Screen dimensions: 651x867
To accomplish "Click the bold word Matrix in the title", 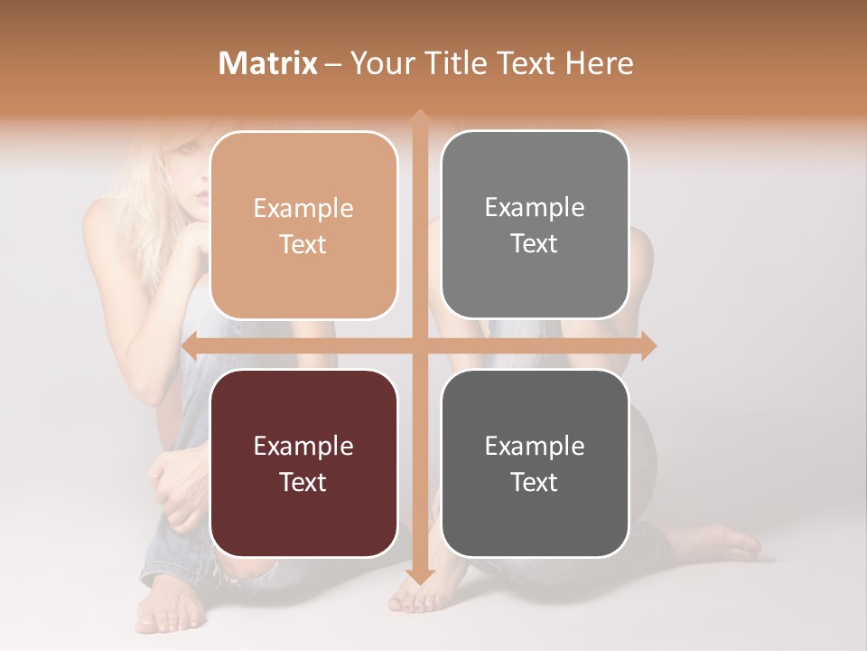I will [268, 63].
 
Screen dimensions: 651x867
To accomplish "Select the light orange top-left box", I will [303, 225].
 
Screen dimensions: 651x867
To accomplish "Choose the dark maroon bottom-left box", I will [303, 463].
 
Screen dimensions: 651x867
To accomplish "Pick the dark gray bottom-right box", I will [535, 463].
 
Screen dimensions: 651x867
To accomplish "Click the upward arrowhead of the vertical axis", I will [419, 118].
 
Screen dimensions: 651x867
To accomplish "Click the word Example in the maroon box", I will [303, 446].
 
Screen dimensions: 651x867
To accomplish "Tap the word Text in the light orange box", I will [303, 244].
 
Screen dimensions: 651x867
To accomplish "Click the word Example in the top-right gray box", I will [535, 207].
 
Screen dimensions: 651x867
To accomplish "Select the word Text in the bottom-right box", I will [535, 482].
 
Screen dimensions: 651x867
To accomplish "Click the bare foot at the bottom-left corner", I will [167, 608].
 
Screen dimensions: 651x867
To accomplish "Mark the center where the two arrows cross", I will [419, 345].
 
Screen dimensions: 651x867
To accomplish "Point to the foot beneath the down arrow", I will [415, 597].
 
